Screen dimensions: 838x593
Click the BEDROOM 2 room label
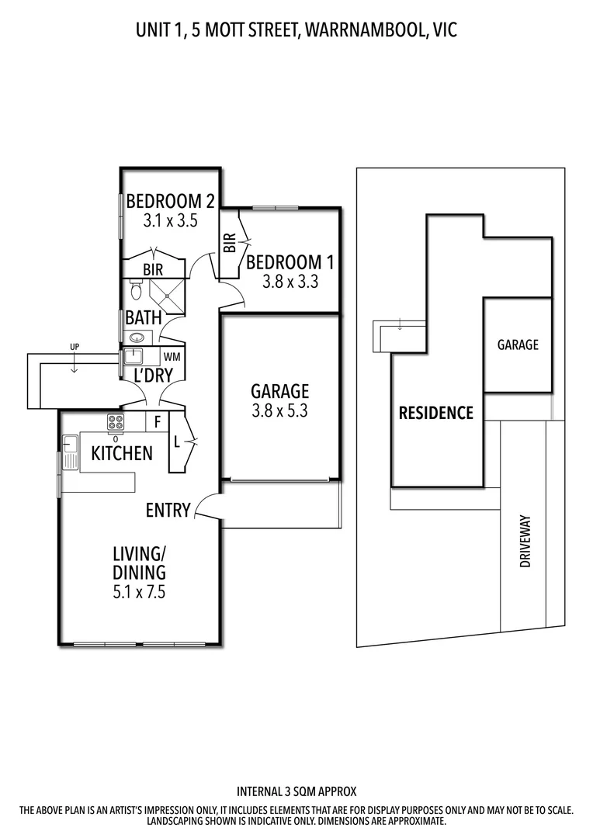click(x=170, y=201)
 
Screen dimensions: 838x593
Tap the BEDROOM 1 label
click(x=283, y=262)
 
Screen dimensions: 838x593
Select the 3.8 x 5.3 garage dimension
click(x=279, y=411)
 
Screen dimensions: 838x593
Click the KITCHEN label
click(x=122, y=453)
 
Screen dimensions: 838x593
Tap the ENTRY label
click(x=168, y=510)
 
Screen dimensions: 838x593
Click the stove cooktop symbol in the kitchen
click(x=116, y=422)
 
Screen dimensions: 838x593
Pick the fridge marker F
click(x=158, y=423)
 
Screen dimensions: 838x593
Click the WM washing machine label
click(x=172, y=357)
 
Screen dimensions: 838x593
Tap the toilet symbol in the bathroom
click(x=137, y=292)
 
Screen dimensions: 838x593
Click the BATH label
click(x=143, y=317)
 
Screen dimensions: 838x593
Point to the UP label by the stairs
click(x=75, y=346)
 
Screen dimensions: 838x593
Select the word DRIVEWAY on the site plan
click(x=525, y=542)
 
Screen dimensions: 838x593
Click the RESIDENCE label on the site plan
click(x=435, y=413)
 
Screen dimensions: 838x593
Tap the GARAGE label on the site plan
click(x=518, y=345)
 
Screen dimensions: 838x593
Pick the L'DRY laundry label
click(x=153, y=376)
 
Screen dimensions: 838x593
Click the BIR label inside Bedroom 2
click(x=152, y=269)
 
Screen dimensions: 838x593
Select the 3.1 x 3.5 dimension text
click(x=170, y=220)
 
